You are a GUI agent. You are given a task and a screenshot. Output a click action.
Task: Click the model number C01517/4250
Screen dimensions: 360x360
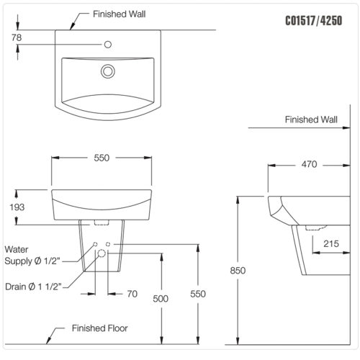(314, 21)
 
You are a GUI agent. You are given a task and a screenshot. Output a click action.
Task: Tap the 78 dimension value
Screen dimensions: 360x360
(17, 37)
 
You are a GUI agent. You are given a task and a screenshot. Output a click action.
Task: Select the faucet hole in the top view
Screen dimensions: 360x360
(108, 45)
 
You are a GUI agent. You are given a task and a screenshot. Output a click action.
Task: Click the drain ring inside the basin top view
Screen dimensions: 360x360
(108, 71)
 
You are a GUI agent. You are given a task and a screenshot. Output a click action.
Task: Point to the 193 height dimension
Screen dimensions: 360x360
(17, 207)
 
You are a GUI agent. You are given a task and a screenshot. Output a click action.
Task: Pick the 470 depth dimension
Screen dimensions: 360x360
(309, 164)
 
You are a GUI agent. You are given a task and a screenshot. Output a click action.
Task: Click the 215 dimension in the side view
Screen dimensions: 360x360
(331, 244)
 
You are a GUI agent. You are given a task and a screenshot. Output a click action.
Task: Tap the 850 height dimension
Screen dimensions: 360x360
(238, 271)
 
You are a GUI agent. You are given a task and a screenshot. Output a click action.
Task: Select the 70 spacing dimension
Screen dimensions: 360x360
(132, 294)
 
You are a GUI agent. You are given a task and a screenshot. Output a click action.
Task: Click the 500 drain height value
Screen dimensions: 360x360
(161, 299)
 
